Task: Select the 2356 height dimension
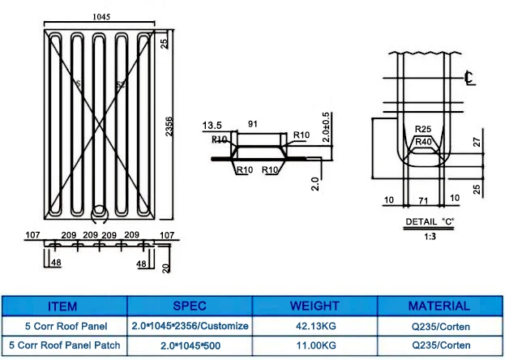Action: coord(169,123)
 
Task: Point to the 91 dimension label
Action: coord(253,125)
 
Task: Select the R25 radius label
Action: coord(422,129)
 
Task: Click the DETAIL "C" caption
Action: coord(429,221)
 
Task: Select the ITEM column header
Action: coord(63,306)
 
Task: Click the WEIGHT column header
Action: coord(315,306)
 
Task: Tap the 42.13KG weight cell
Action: coord(315,326)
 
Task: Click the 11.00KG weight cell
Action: coord(315,345)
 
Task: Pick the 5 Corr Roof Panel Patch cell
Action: coord(63,345)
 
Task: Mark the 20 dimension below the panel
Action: coord(165,265)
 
